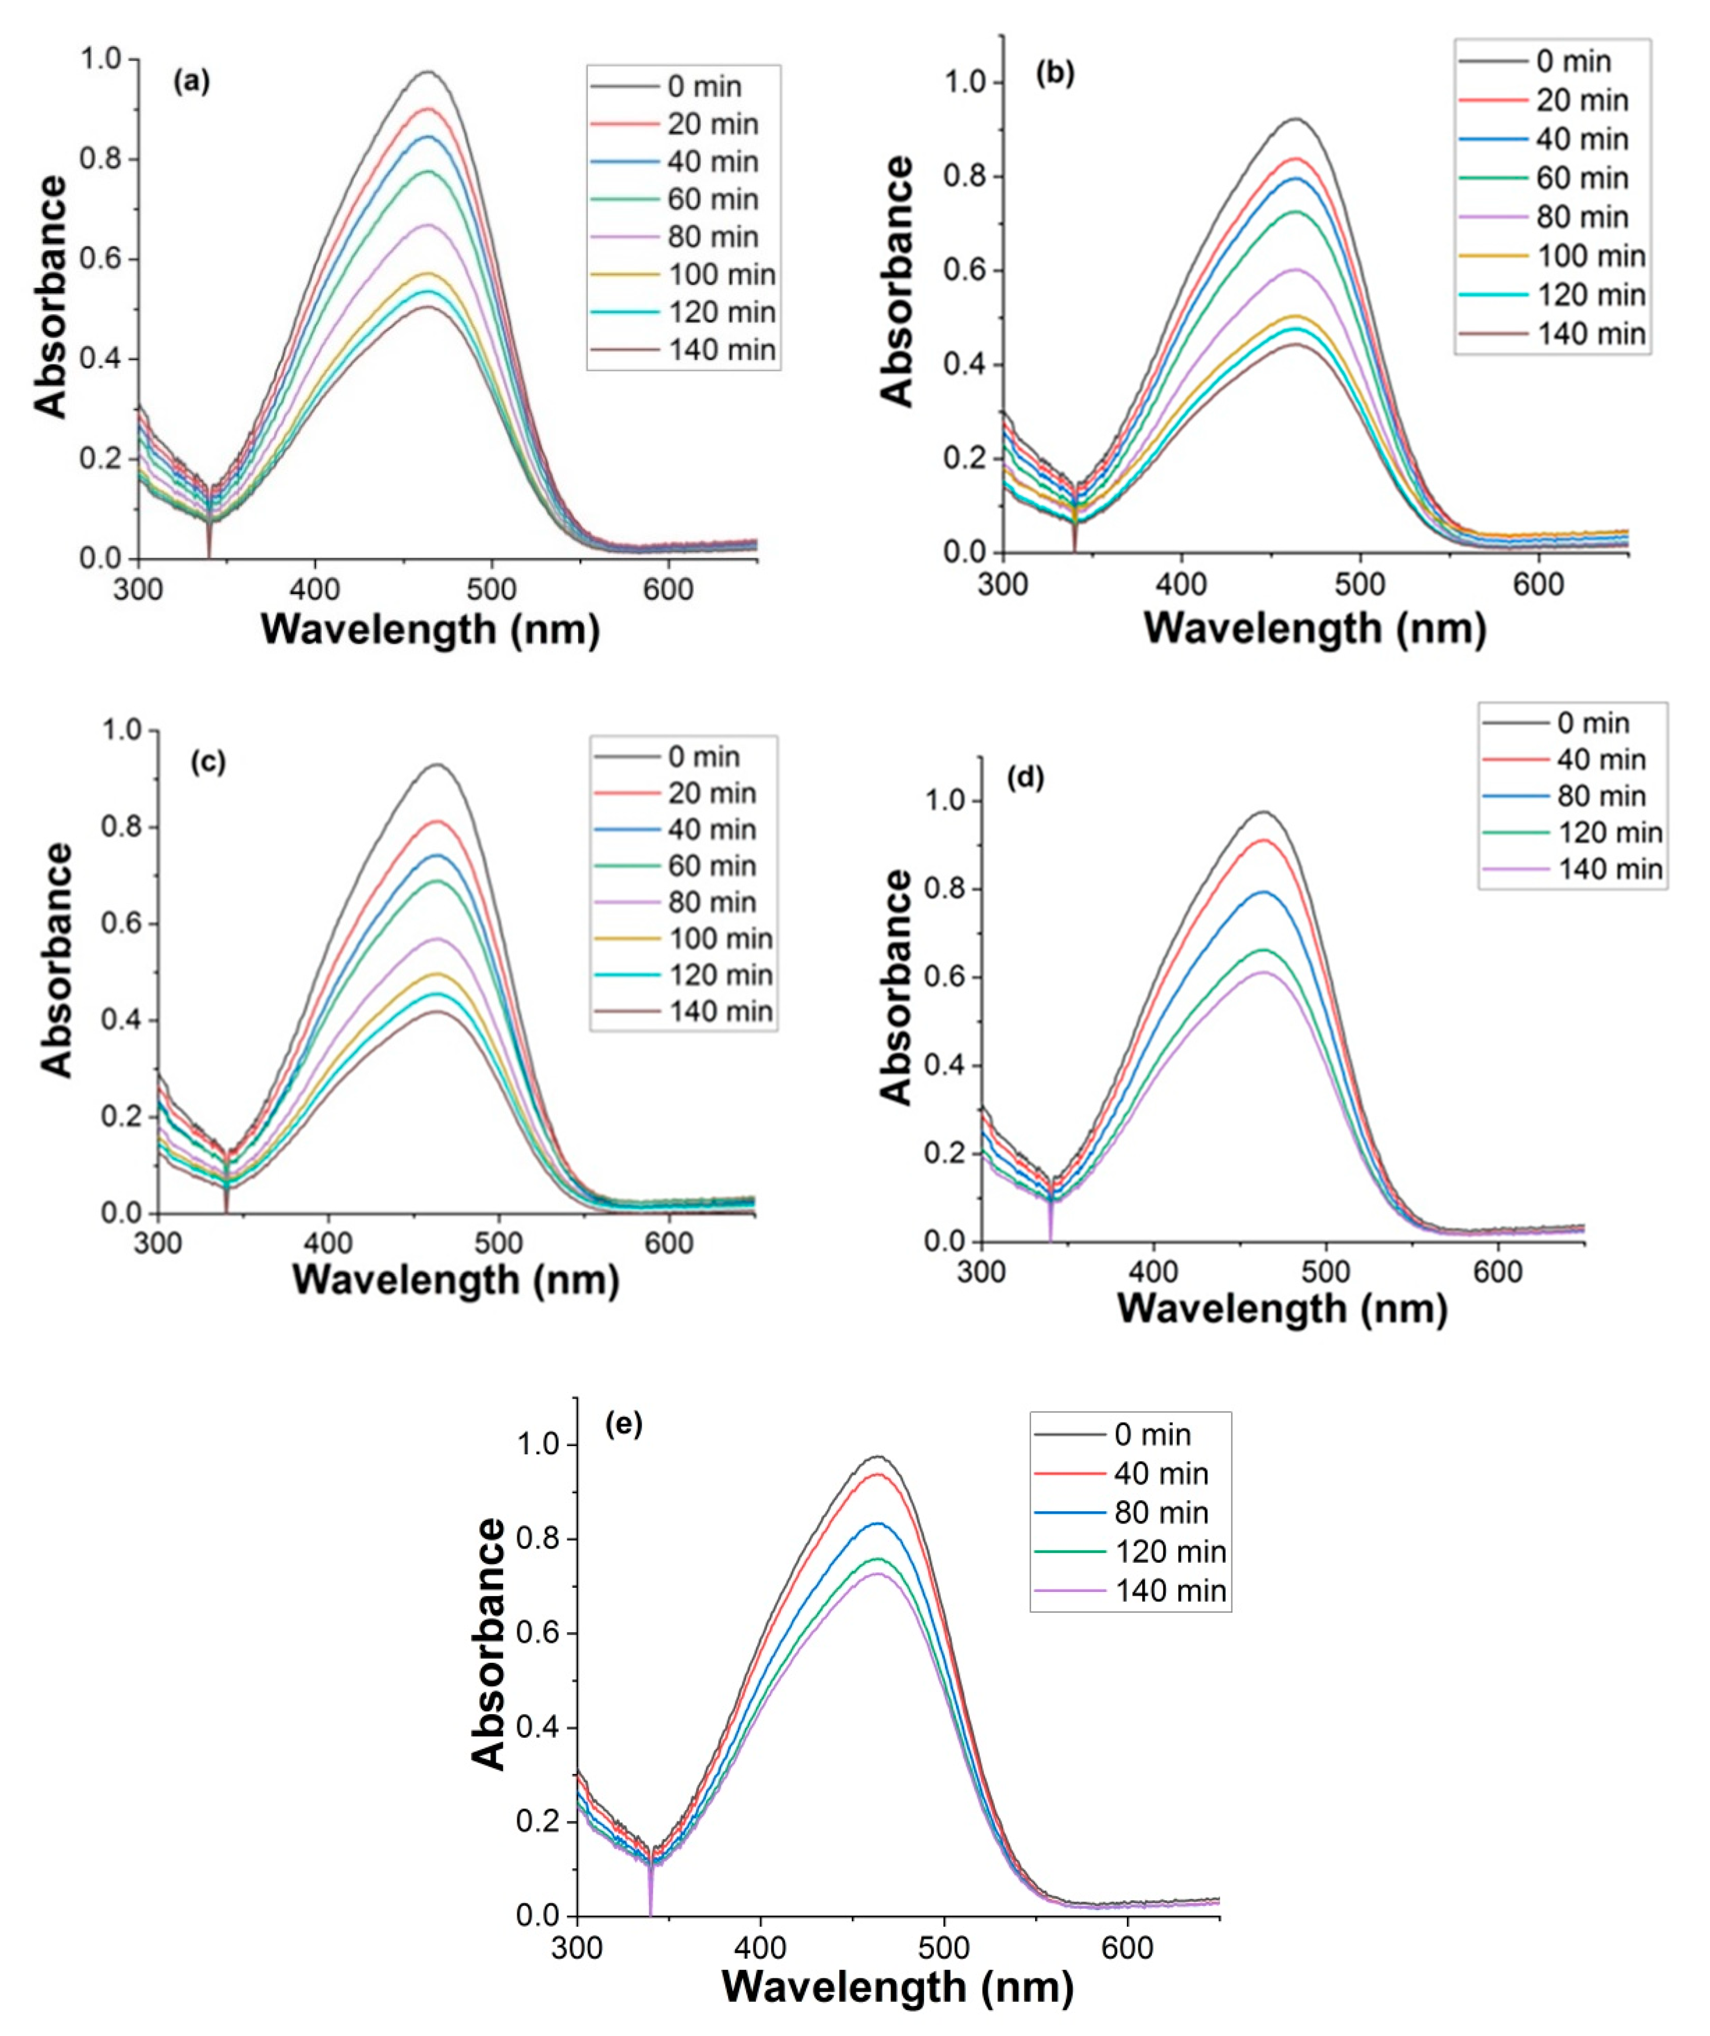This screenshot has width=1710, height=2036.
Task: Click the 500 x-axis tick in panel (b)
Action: [1359, 585]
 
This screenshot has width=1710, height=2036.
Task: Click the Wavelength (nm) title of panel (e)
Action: [898, 1988]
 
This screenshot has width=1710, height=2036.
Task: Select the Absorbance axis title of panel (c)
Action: [58, 960]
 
